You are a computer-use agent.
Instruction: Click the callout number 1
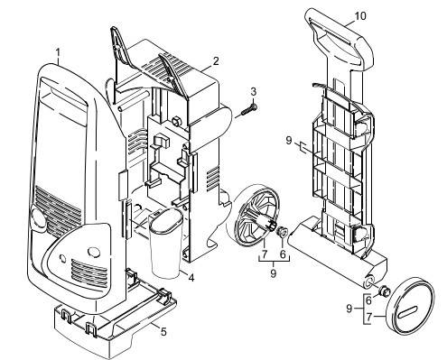(x=59, y=53)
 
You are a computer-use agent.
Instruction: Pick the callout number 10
(x=386, y=16)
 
